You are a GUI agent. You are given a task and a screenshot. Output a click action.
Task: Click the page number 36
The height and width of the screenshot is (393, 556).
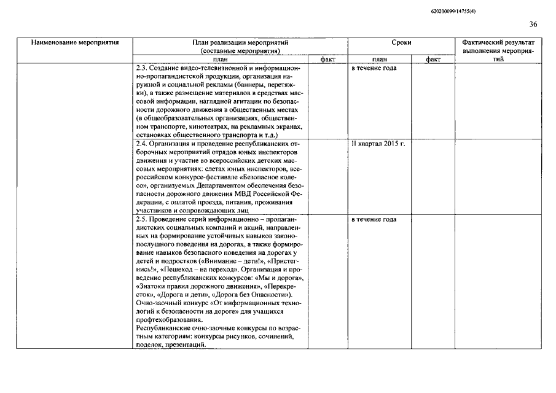pyautogui.click(x=533, y=25)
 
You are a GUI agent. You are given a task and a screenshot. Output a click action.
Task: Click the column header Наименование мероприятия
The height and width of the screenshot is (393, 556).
pyautogui.click(x=75, y=43)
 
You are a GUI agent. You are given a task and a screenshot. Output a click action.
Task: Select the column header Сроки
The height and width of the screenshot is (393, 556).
pyautogui.click(x=401, y=43)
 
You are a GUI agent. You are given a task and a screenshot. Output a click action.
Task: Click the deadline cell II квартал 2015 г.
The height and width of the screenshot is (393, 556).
pyautogui.click(x=378, y=144)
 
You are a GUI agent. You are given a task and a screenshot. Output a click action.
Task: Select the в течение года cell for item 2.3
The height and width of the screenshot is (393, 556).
pyautogui.click(x=374, y=68)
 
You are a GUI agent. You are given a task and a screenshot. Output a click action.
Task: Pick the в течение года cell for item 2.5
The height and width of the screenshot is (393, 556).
pyautogui.click(x=374, y=219)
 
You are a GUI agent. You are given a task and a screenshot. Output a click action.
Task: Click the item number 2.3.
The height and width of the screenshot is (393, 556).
pyautogui.click(x=142, y=68)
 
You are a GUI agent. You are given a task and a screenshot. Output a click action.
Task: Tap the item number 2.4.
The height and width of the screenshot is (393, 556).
pyautogui.click(x=142, y=144)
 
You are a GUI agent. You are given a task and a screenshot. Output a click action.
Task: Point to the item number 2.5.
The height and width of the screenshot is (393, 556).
pyautogui.click(x=142, y=219)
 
